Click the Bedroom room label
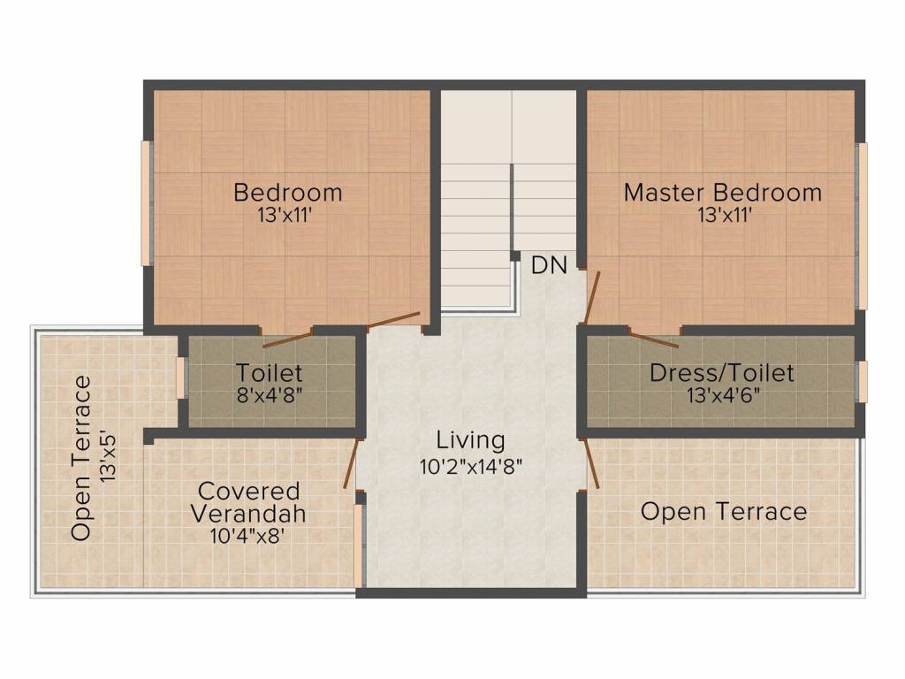pos(287,192)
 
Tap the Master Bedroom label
pos(723,192)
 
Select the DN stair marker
pos(549,265)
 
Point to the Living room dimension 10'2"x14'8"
pos(471,466)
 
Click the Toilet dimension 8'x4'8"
pos(269,395)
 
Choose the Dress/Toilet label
pos(721,373)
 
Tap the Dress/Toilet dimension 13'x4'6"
pos(723,395)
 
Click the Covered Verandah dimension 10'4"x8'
pos(248,536)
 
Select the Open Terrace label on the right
pos(723,512)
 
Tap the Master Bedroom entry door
pos(592,297)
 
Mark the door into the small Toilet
pos(287,339)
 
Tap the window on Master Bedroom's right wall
pos(862,225)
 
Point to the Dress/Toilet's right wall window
pos(863,382)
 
